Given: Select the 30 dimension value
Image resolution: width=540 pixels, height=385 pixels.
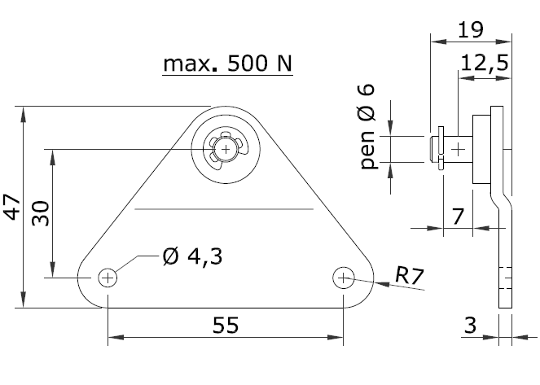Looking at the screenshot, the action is (41, 213).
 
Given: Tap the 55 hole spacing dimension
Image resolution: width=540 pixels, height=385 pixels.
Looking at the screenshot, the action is (226, 325).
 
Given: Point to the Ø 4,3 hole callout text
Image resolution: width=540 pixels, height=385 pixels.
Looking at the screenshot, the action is (192, 256).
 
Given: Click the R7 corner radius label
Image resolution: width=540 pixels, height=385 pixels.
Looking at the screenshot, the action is (409, 276).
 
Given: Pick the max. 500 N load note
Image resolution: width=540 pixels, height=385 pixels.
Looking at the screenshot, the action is (227, 63).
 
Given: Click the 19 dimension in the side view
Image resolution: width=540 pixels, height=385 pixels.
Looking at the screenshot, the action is (471, 29).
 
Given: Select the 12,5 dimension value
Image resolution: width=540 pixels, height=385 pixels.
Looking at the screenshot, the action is (485, 63).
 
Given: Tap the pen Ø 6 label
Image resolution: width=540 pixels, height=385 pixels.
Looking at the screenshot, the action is (367, 126).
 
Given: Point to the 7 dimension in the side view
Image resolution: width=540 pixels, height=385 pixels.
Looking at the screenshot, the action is (458, 217).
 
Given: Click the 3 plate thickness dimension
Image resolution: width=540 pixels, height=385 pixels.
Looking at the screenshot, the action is (470, 325).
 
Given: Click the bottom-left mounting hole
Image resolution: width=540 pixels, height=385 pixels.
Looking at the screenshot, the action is (108, 278).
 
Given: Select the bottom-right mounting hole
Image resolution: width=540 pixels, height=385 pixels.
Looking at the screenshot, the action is (344, 278).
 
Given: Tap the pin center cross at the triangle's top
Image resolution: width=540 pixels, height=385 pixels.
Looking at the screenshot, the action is (226, 149).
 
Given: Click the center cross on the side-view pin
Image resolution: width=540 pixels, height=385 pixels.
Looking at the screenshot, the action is (459, 149).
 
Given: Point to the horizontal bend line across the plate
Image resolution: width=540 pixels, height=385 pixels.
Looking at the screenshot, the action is (224, 209).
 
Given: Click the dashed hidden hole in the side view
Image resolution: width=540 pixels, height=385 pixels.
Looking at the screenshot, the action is (505, 278).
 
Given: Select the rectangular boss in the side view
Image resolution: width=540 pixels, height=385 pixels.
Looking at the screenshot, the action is (481, 149).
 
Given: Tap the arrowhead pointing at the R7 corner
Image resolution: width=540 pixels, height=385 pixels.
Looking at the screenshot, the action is (382, 284).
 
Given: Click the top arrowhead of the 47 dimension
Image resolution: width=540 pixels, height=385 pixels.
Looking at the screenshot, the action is (23, 114).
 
